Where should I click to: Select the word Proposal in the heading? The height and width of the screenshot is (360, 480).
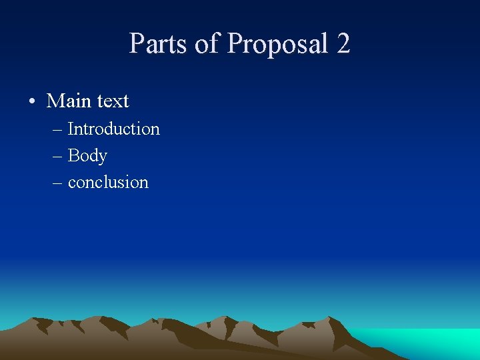(279, 45)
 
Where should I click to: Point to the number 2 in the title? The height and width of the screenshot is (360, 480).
(343, 44)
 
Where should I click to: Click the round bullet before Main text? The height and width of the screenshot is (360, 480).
(31, 102)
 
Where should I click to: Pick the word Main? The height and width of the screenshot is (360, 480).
(69, 101)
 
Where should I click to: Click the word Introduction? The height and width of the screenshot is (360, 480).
(114, 129)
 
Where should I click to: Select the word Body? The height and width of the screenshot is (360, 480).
(87, 156)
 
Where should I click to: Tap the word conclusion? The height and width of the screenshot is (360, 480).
(108, 182)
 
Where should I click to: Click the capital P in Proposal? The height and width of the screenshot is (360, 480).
(235, 44)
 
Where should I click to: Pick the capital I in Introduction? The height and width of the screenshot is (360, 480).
(71, 129)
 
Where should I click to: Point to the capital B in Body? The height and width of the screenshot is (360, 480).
(73, 155)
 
